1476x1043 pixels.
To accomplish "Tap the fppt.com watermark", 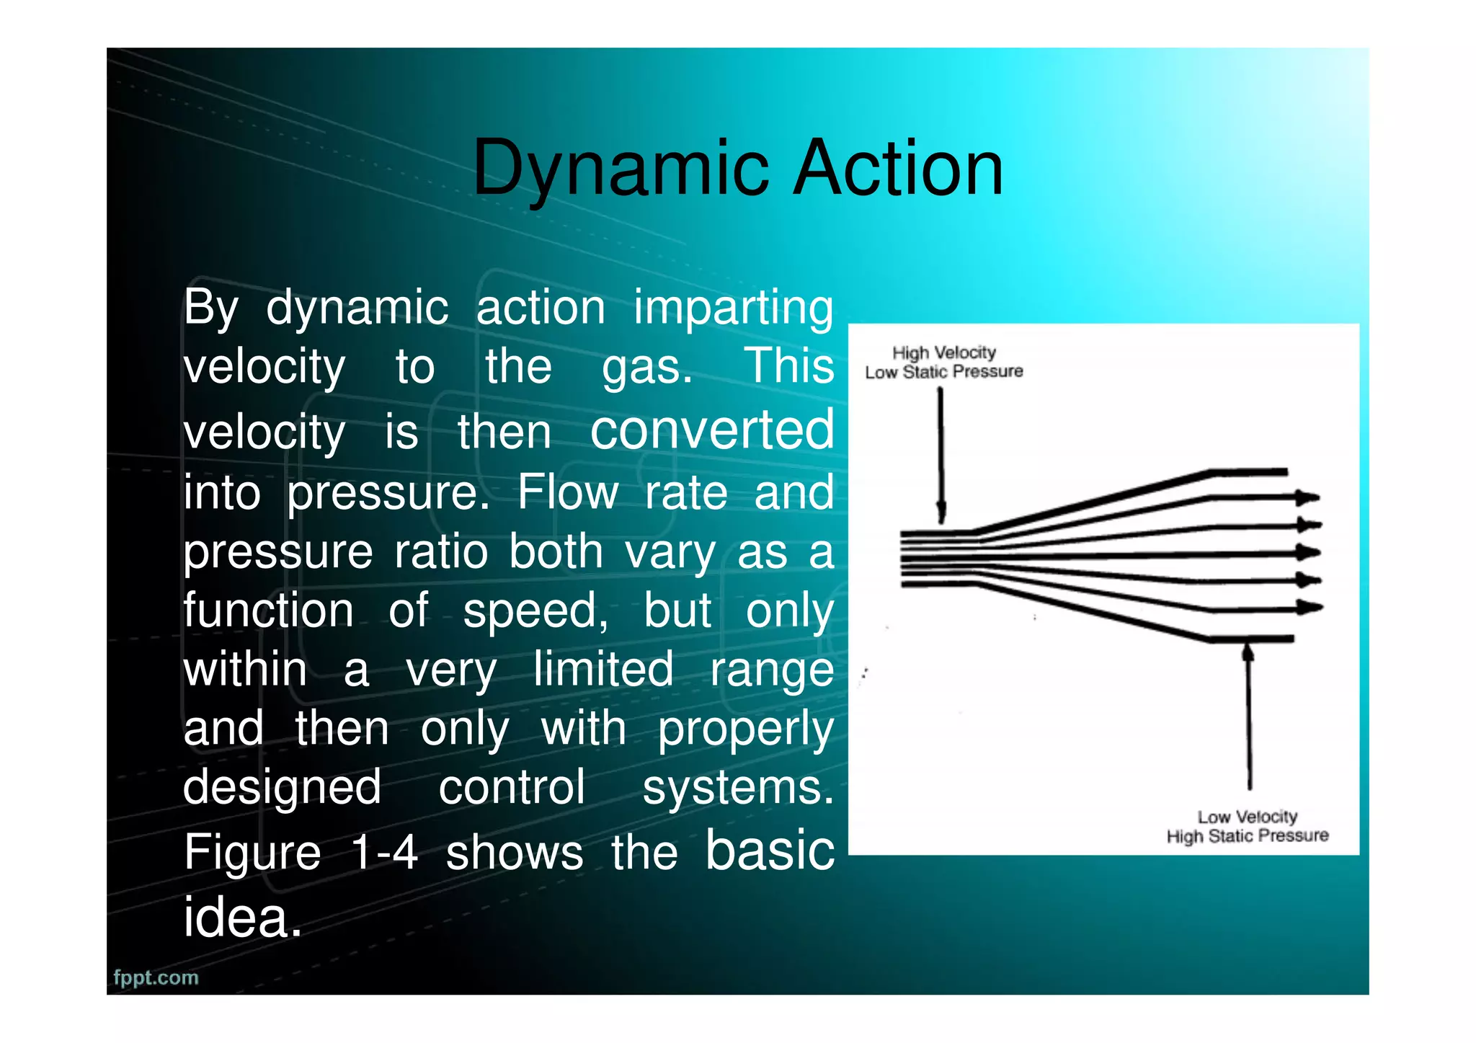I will [156, 977].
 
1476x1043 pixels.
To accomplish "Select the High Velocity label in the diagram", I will [943, 352].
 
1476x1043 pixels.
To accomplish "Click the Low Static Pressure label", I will [943, 372].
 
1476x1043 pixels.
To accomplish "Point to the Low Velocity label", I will [1247, 817].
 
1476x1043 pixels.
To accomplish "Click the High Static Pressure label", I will [1247, 836].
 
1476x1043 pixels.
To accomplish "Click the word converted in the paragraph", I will [712, 430].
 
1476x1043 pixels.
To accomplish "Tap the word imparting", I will [733, 308].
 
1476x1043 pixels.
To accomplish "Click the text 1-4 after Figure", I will [384, 853].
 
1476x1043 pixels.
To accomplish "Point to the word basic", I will [769, 851].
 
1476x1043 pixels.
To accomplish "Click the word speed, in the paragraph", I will [535, 611].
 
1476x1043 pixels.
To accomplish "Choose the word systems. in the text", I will [737, 787].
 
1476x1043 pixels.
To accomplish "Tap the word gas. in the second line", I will [647, 367].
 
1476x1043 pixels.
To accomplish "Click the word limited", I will [603, 669].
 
